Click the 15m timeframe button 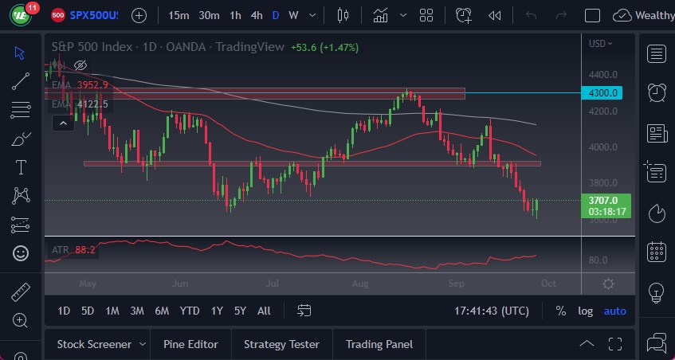pyautogui.click(x=179, y=15)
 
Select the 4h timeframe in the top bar pyautogui.click(x=257, y=15)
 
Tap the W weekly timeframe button pyautogui.click(x=294, y=15)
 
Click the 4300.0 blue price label pyautogui.click(x=604, y=93)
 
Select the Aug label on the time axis pyautogui.click(x=359, y=284)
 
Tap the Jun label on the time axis pyautogui.click(x=180, y=284)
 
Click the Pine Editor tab pyautogui.click(x=190, y=344)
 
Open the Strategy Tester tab pyautogui.click(x=281, y=344)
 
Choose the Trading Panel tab pyautogui.click(x=379, y=344)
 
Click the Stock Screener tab pyautogui.click(x=94, y=344)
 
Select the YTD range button pyautogui.click(x=190, y=311)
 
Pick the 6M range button pyautogui.click(x=162, y=311)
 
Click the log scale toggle pyautogui.click(x=585, y=311)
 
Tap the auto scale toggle pyautogui.click(x=614, y=311)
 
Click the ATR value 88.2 pyautogui.click(x=85, y=249)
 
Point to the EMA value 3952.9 pyautogui.click(x=92, y=85)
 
